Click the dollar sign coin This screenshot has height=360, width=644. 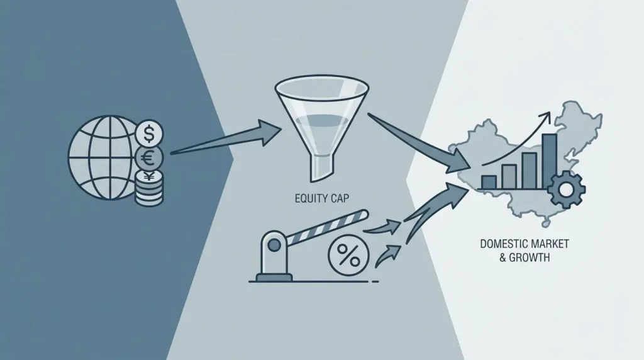click(x=149, y=133)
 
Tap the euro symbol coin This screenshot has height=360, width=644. click(x=149, y=158)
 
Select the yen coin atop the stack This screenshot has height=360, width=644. click(x=149, y=177)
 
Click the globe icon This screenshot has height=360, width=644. click(x=103, y=158)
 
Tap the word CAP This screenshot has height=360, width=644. click(x=340, y=198)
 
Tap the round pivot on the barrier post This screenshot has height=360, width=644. click(x=274, y=245)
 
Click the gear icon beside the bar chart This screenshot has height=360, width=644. click(x=567, y=189)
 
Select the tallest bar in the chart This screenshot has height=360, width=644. click(x=549, y=160)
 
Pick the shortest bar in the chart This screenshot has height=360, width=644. click(x=489, y=182)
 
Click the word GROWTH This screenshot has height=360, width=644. click(x=530, y=258)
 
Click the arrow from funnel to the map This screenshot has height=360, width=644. click(x=419, y=143)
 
